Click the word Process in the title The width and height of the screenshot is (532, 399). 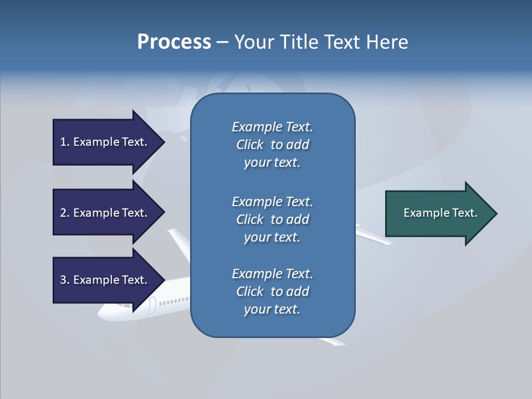[x=174, y=42]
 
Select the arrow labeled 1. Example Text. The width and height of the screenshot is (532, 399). [x=105, y=142]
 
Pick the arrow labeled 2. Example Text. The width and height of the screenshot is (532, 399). [x=105, y=213]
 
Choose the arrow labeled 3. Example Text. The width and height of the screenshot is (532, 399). [x=105, y=280]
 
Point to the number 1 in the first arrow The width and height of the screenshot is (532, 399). [x=63, y=142]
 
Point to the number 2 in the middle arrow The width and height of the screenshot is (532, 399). [x=63, y=213]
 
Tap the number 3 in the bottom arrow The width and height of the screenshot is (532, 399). [x=63, y=280]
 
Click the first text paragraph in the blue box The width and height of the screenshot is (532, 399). [x=272, y=145]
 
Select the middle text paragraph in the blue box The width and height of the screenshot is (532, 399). [x=272, y=219]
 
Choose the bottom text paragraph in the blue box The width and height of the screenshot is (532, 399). [x=272, y=291]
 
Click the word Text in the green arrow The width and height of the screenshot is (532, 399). [x=465, y=213]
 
